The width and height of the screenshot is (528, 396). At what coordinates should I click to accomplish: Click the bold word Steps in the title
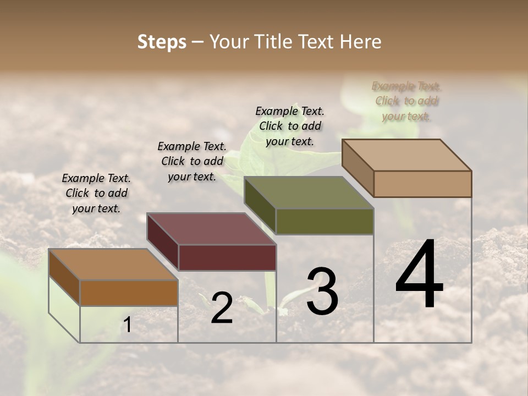(162, 42)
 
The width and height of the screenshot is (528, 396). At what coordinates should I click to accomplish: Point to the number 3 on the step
(322, 291)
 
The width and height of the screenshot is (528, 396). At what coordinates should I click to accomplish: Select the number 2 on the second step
(222, 308)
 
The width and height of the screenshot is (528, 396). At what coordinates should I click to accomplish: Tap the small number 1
(127, 325)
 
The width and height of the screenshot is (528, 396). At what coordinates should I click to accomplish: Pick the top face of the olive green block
(309, 193)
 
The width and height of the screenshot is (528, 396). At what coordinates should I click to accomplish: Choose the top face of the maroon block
(211, 229)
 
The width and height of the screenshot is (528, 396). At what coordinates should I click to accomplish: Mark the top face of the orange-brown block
(113, 265)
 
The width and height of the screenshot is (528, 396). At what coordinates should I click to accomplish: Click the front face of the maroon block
(227, 257)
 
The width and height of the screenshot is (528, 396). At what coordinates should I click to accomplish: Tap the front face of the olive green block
(324, 221)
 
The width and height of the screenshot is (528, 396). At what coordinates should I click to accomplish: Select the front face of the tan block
(422, 184)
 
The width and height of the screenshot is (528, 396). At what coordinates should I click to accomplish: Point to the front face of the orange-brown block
(129, 293)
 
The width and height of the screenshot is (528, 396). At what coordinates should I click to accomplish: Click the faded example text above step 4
(407, 101)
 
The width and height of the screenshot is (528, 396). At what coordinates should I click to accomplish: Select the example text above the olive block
(290, 126)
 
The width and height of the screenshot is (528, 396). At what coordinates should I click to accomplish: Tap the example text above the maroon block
(192, 161)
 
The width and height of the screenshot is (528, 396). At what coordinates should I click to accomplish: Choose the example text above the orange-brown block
(96, 193)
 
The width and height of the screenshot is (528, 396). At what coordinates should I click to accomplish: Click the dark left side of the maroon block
(162, 241)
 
